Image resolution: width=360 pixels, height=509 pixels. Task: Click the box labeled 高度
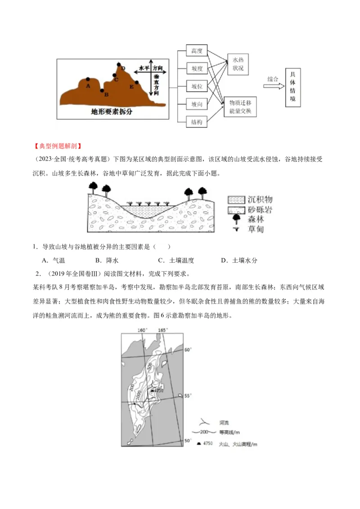click(197, 51)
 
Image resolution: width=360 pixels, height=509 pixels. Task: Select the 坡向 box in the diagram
click(197, 104)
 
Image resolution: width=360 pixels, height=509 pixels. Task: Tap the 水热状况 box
click(238, 64)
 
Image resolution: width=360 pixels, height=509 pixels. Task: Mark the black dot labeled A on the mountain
click(88, 80)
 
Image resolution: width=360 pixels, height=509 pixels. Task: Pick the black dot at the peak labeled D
click(119, 65)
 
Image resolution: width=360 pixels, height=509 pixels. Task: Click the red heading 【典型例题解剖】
click(57, 146)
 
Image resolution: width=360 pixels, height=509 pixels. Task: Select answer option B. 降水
click(107, 260)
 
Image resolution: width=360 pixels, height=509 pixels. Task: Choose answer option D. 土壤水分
click(239, 260)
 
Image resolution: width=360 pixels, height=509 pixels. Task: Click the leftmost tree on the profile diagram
click(94, 186)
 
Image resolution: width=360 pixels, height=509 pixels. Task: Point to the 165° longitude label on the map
click(163, 330)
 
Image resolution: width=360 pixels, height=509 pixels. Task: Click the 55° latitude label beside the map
click(188, 396)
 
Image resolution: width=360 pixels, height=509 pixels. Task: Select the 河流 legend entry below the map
click(224, 423)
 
